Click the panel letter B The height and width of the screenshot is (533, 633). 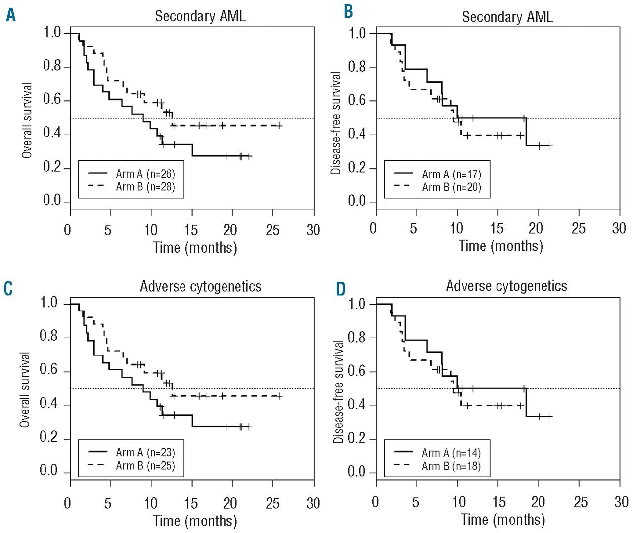348,12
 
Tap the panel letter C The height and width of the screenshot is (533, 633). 8,288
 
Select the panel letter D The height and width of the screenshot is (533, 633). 341,289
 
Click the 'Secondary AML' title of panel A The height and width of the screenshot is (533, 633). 200,16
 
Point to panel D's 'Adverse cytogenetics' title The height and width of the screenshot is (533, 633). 506,286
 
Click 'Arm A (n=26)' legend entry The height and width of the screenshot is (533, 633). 145,174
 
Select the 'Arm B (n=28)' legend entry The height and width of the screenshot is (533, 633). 145,187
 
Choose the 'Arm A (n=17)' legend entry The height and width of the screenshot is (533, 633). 451,174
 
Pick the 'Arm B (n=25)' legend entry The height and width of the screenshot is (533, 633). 145,466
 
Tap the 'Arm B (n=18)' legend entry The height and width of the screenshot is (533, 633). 451,466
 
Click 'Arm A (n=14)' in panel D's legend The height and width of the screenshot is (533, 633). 451,453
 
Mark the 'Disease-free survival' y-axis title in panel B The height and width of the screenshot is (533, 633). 336,123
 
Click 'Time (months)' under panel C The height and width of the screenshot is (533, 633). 195,521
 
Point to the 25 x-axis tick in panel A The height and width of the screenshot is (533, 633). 272,230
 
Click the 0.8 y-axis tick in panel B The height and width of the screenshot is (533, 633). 357,67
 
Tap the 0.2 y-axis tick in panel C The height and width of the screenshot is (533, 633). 48,438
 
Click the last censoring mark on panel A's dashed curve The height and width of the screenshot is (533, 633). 279,126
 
